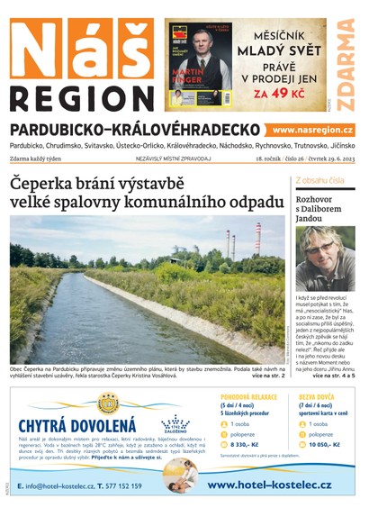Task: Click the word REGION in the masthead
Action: pos(81,98)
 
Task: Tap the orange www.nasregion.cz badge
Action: pos(312,131)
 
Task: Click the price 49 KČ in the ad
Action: pos(291,92)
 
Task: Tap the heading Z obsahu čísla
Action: pos(319,180)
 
